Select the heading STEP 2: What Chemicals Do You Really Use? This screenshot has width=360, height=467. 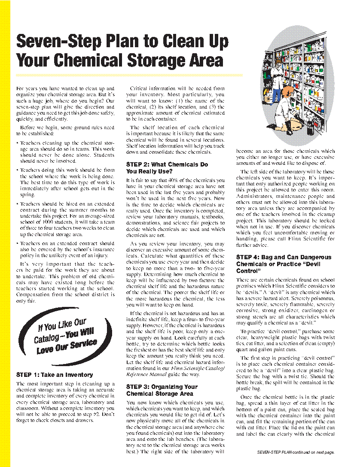click(167, 168)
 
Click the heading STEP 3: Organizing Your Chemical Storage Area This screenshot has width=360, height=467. click(162, 390)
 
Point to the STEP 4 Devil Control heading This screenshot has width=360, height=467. click(284, 264)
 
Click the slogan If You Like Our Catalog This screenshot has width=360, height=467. click(65, 336)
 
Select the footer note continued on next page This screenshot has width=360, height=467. click(296, 452)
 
